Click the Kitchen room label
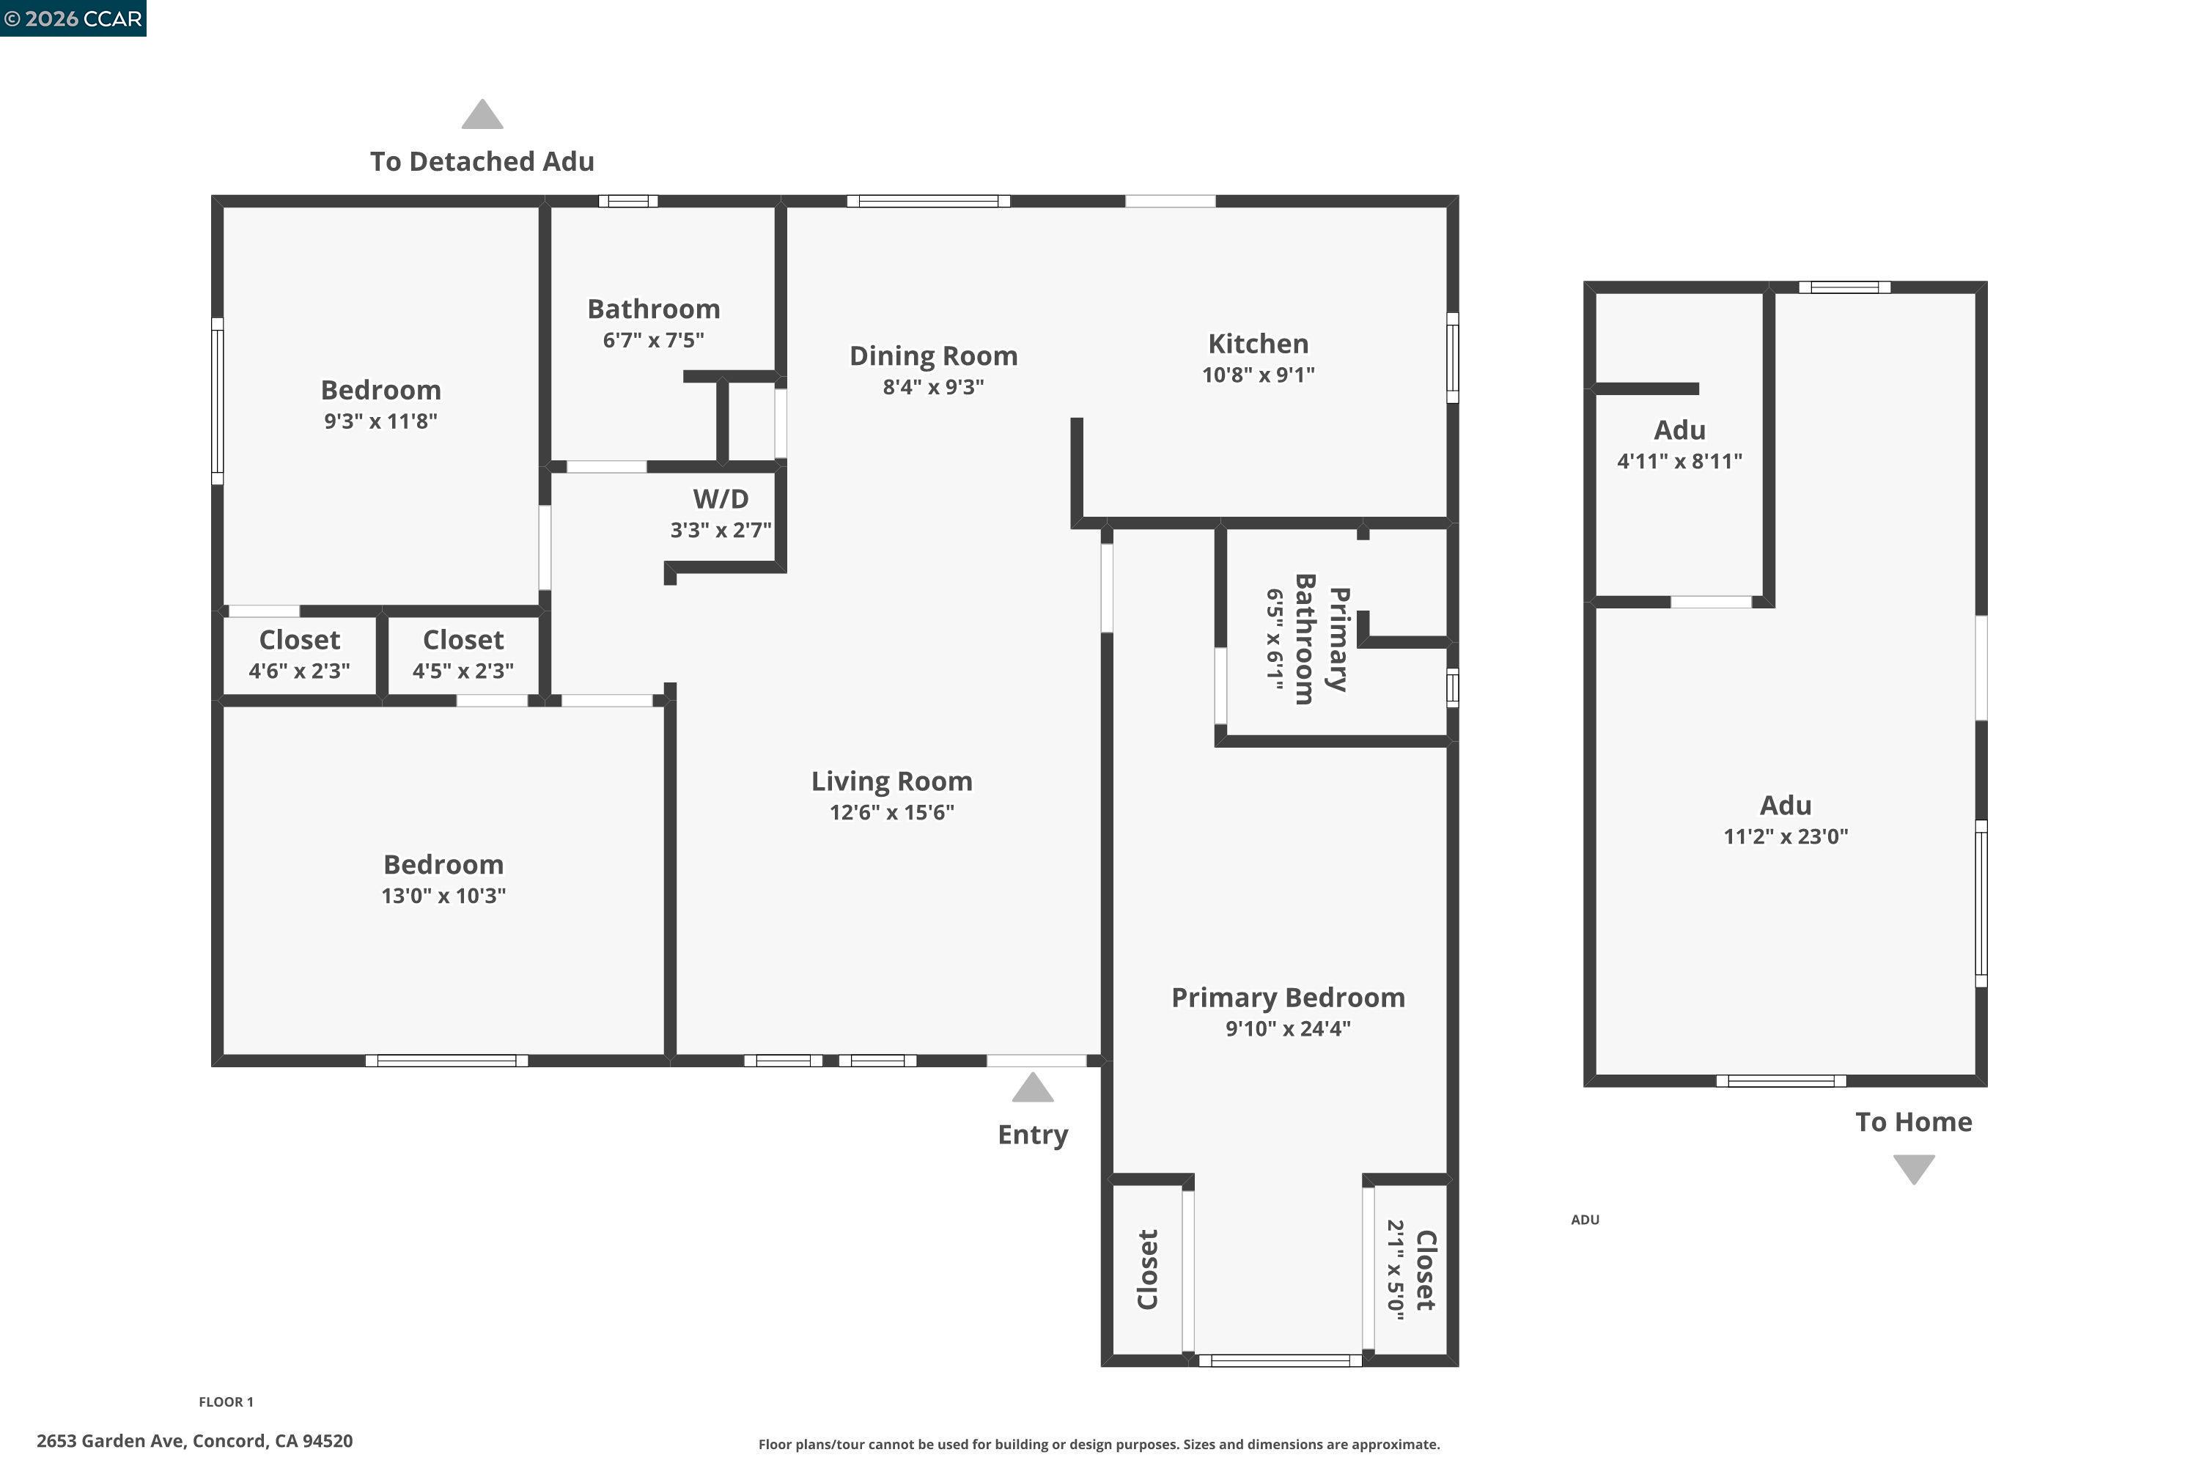(1258, 344)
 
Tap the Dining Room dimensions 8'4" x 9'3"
(933, 387)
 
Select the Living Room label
(891, 781)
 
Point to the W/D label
(720, 499)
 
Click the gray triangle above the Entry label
(1032, 1089)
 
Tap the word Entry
(1032, 1135)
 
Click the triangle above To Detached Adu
(482, 115)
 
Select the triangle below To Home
(1913, 1168)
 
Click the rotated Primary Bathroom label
(1320, 639)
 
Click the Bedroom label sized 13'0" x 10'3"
(443, 865)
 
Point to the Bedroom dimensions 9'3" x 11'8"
(380, 421)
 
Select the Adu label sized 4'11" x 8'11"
(1679, 431)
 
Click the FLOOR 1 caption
(226, 1401)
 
